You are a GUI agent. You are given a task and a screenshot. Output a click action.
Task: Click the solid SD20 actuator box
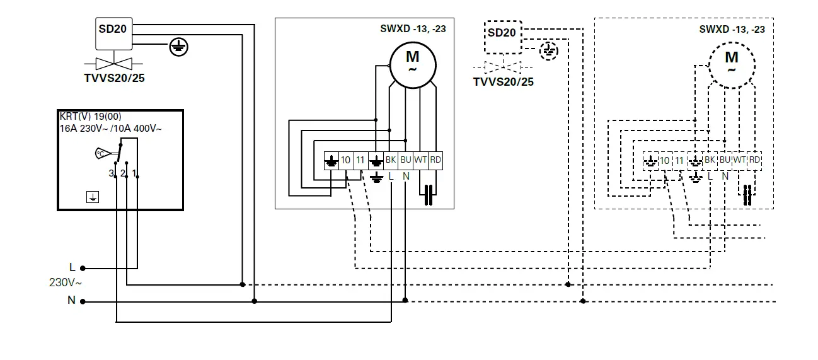[x=113, y=33]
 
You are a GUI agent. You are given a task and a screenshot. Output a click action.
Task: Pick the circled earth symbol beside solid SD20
[x=179, y=46]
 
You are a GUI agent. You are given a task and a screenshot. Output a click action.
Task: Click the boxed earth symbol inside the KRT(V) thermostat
[x=93, y=197]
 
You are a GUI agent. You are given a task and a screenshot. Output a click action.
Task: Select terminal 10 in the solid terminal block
[x=345, y=161]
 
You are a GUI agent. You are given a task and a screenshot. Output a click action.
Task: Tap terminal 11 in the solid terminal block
[x=360, y=161]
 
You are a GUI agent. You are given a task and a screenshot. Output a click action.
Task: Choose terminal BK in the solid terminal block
[x=391, y=161]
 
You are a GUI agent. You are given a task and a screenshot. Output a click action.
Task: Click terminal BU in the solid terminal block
[x=406, y=161]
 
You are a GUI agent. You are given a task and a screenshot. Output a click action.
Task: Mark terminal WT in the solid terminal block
[x=420, y=161]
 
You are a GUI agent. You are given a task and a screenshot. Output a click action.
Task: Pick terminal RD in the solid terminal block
[x=435, y=161]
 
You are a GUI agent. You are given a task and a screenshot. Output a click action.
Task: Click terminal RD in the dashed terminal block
[x=754, y=160]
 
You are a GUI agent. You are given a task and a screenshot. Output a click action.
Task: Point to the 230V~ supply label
[x=66, y=282]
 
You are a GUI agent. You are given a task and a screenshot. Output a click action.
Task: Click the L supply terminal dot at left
[x=83, y=267]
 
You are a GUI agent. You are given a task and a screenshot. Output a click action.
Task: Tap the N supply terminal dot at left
[x=83, y=301]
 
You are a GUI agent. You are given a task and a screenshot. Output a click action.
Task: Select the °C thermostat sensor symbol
[x=101, y=153]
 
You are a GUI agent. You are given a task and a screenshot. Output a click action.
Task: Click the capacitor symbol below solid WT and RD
[x=428, y=195]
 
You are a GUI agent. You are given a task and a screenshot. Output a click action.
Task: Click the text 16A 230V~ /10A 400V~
[x=110, y=128]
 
